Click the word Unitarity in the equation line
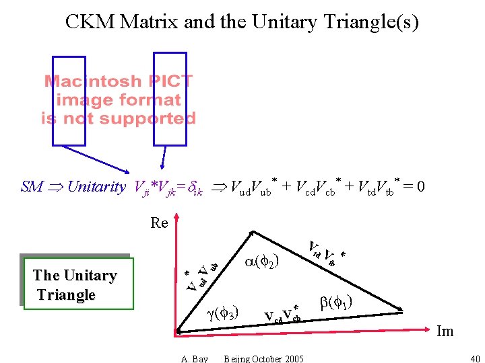[96, 187]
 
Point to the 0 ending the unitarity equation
[420, 186]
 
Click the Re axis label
[159, 223]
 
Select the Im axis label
[445, 331]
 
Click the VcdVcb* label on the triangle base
[282, 315]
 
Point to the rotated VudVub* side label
[201, 276]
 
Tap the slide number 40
[474, 358]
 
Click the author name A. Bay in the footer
[195, 358]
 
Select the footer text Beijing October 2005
[263, 358]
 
